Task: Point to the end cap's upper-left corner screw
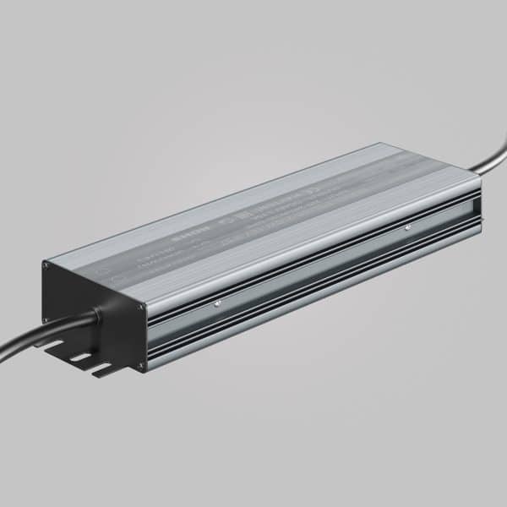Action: pos(46,265)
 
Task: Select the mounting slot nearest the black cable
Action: pos(57,343)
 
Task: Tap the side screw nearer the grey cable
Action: pos(407,226)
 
